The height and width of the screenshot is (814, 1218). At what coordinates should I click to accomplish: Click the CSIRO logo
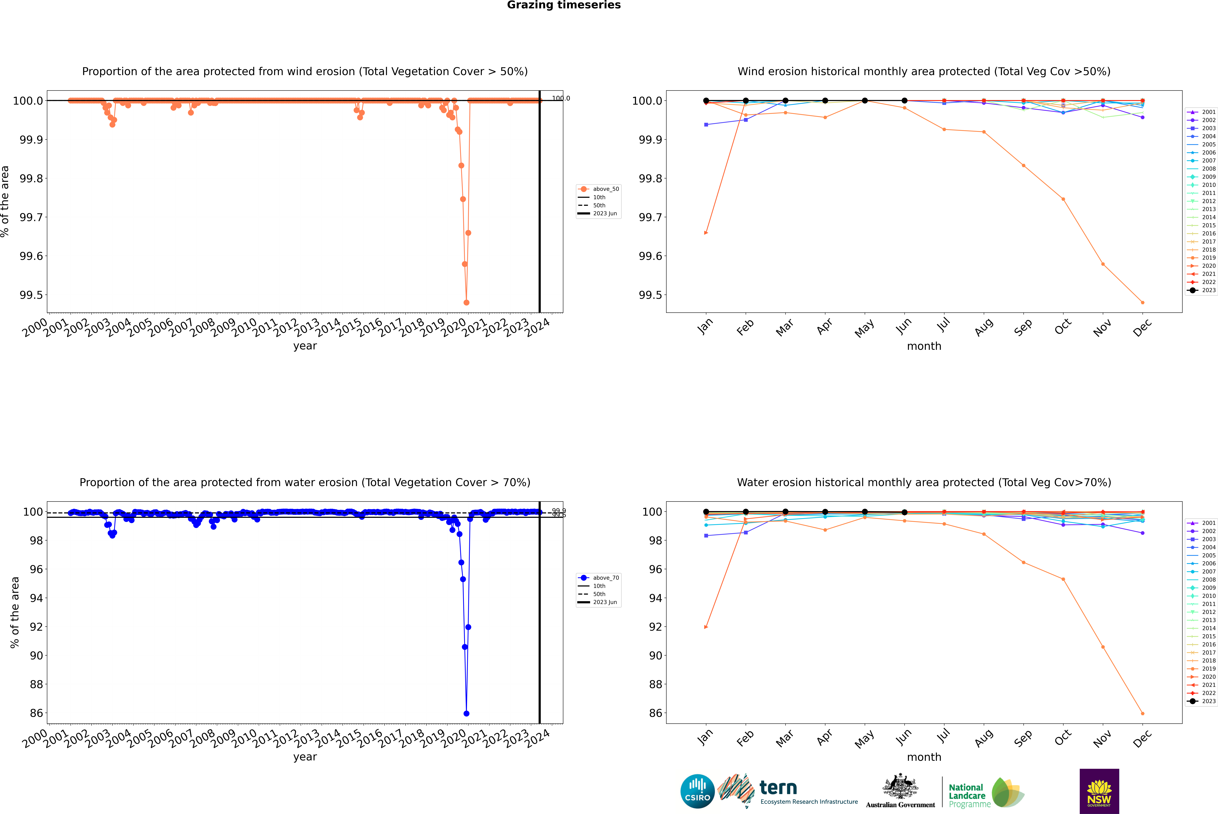pos(697,791)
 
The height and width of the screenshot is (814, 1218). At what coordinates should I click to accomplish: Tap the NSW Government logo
pos(1099,791)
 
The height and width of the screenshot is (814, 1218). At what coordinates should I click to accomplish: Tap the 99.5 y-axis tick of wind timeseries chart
pos(31,295)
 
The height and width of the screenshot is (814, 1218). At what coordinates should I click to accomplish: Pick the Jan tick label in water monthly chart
pos(705,738)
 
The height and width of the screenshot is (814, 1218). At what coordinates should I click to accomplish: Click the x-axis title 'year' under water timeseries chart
pos(305,757)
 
